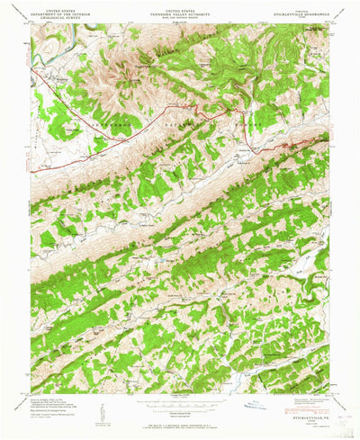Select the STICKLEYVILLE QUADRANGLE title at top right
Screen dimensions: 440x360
pos(302,11)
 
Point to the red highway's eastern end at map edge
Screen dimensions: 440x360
pos(328,135)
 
